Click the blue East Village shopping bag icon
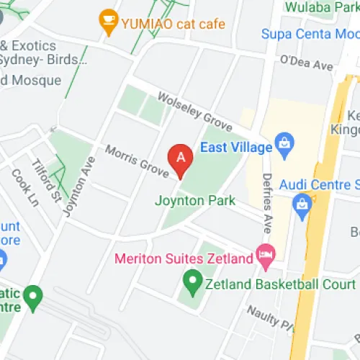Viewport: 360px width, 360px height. (284, 147)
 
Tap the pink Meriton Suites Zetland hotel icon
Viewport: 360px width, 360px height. (266, 255)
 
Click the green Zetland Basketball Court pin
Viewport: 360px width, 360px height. (192, 282)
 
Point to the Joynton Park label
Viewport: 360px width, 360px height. (194, 201)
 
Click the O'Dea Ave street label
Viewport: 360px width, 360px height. (307, 64)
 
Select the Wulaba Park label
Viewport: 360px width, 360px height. (321, 7)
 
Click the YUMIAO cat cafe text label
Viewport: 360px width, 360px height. (173, 24)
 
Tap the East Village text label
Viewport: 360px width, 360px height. (236, 148)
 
